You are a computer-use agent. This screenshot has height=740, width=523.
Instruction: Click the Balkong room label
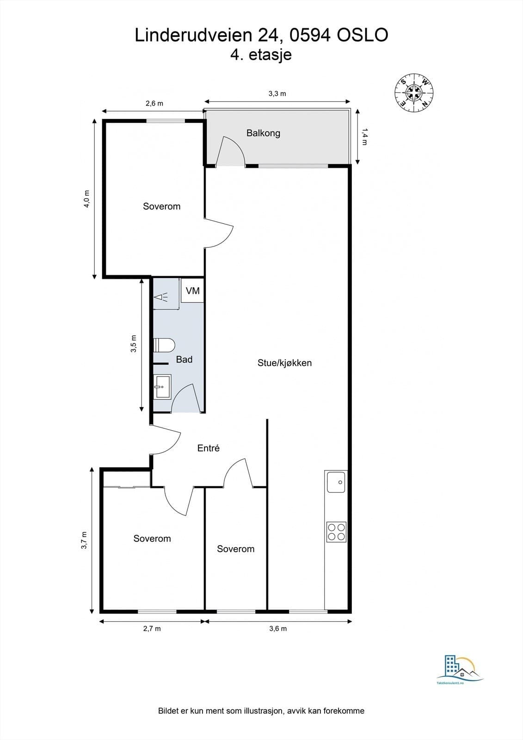click(x=263, y=134)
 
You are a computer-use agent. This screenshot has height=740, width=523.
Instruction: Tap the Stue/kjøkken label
click(x=284, y=363)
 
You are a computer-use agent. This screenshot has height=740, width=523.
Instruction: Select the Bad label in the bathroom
click(x=184, y=359)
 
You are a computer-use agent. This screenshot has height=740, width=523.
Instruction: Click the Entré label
click(x=208, y=448)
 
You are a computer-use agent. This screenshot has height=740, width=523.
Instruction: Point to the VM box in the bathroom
click(x=192, y=290)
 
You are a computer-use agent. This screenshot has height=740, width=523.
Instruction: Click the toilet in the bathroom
click(x=164, y=345)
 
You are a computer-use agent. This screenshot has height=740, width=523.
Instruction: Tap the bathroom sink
click(x=162, y=386)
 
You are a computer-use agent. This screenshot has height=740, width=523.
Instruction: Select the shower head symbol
click(x=161, y=297)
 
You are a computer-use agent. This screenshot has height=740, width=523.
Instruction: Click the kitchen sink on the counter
click(x=336, y=482)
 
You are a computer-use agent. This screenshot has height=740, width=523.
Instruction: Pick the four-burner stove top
click(x=336, y=532)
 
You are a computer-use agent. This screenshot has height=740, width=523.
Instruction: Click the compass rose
click(x=414, y=92)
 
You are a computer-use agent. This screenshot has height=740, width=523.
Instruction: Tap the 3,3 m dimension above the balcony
click(x=277, y=94)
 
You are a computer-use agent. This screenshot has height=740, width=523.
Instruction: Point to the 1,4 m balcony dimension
click(x=364, y=137)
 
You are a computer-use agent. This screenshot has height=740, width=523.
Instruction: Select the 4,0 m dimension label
click(x=86, y=198)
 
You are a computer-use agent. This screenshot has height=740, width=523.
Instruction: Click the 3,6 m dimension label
click(x=278, y=629)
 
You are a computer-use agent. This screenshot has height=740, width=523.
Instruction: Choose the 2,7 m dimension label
click(x=152, y=629)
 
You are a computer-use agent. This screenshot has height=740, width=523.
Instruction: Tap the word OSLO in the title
click(x=362, y=35)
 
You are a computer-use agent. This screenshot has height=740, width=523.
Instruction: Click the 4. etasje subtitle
click(x=261, y=55)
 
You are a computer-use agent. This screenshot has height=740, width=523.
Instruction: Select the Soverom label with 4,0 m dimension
click(x=161, y=206)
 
